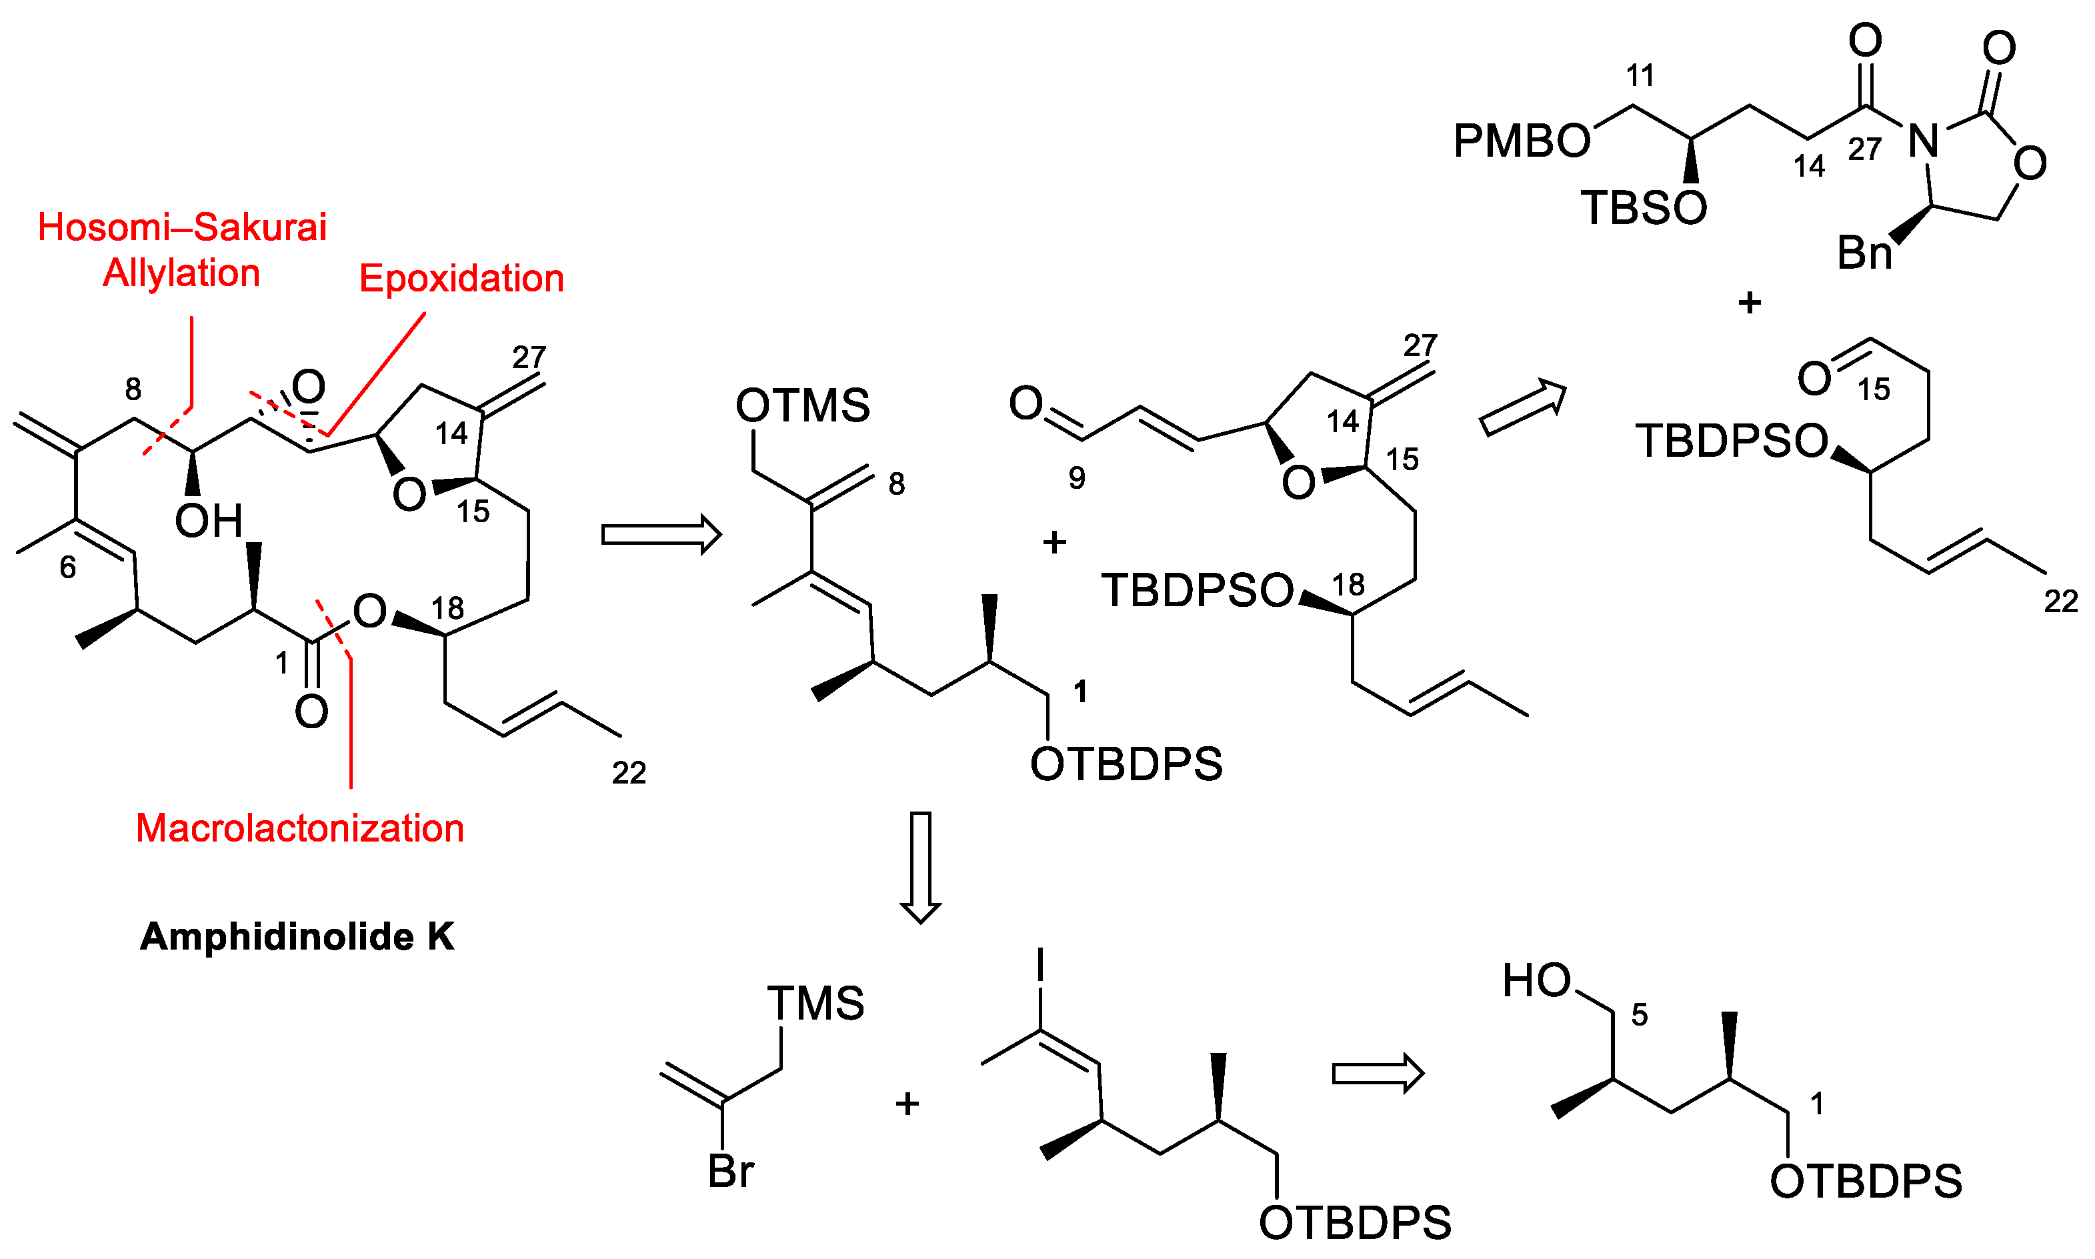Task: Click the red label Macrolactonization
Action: click(x=299, y=828)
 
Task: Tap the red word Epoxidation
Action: click(x=461, y=278)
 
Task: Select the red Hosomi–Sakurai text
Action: click(x=182, y=227)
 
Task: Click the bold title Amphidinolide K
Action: click(x=297, y=937)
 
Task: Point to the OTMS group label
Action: click(x=802, y=405)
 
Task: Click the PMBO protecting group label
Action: click(x=1522, y=141)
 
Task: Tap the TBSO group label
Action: click(x=1644, y=208)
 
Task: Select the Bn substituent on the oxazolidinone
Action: click(x=1864, y=253)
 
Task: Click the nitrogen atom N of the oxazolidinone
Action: click(x=1924, y=141)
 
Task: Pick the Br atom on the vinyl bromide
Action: click(x=730, y=1172)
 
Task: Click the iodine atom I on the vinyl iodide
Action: click(x=1040, y=966)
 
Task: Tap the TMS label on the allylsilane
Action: click(x=815, y=1003)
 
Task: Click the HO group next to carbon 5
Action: click(x=1537, y=981)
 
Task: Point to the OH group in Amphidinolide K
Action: click(x=209, y=521)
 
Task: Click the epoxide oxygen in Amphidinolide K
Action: click(x=308, y=387)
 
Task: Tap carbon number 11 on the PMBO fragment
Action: click(x=1640, y=77)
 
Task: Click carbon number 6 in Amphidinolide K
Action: click(x=68, y=567)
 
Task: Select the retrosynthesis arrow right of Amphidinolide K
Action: click(x=661, y=535)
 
